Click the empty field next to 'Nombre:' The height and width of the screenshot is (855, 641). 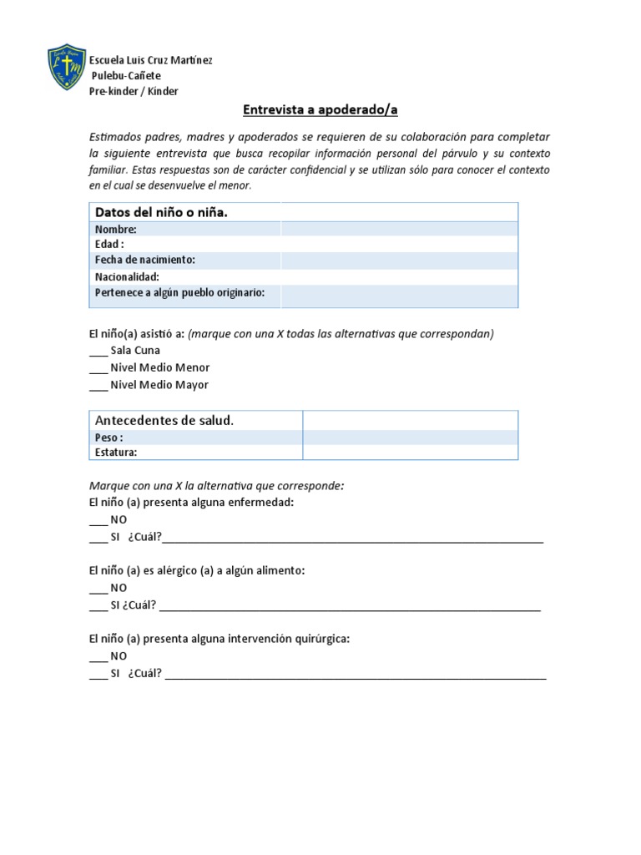click(x=399, y=229)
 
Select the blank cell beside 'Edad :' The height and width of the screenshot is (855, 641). click(x=399, y=245)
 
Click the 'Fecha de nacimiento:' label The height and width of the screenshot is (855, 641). click(x=145, y=261)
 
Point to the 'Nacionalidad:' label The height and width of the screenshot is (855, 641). click(x=127, y=276)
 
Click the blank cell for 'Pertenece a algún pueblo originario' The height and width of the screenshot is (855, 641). click(x=399, y=296)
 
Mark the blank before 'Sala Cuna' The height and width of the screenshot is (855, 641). click(x=98, y=352)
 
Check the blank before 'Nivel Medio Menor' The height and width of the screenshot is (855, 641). click(x=98, y=368)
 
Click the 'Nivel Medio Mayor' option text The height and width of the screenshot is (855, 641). click(x=159, y=385)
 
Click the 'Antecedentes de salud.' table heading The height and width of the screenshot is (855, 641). click(x=164, y=420)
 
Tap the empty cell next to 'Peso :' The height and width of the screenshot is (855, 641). click(x=410, y=437)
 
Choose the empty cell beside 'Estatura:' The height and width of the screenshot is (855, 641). click(x=410, y=452)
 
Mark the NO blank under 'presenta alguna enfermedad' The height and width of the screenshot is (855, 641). click(x=98, y=520)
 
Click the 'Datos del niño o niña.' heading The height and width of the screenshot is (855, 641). click(x=161, y=212)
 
